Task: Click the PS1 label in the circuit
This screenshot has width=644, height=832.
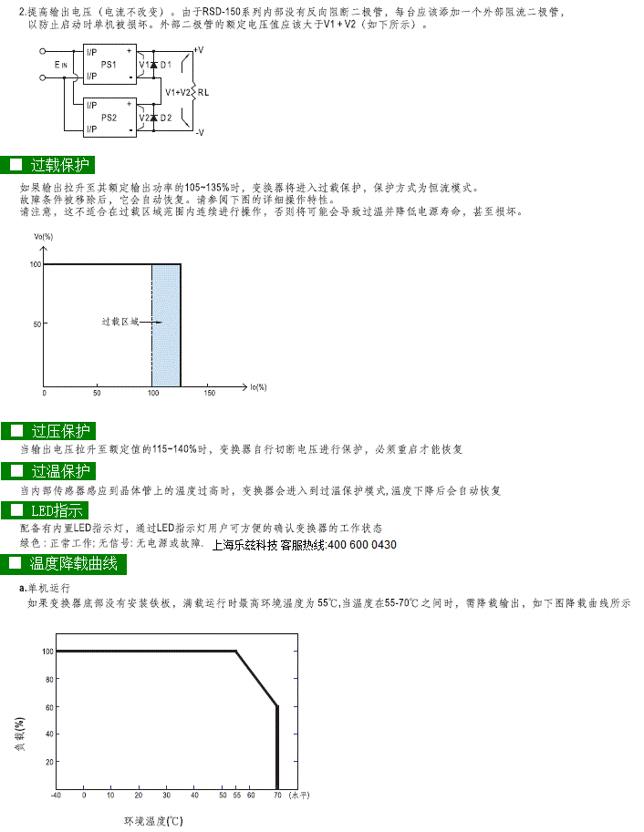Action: [109, 64]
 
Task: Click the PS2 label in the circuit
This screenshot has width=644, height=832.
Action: [109, 118]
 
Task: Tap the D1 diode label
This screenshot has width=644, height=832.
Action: [166, 65]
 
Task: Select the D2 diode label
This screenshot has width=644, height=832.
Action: [166, 118]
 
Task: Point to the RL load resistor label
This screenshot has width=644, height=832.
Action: [203, 92]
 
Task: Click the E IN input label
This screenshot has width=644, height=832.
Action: [60, 65]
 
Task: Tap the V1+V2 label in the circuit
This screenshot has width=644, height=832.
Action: [178, 92]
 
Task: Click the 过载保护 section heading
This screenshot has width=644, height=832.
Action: [60, 165]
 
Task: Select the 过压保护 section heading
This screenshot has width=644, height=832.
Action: [60, 431]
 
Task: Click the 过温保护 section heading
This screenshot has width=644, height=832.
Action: [60, 470]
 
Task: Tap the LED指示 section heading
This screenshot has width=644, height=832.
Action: [57, 510]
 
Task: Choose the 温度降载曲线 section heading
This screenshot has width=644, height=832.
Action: [73, 563]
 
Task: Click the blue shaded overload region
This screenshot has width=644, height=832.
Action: [166, 325]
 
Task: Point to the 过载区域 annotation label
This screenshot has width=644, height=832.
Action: [120, 322]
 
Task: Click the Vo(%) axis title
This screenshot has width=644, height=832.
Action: [44, 237]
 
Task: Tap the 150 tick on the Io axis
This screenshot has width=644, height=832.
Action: [210, 393]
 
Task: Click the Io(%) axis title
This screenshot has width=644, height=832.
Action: [258, 387]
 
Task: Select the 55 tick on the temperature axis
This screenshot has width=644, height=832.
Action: [237, 796]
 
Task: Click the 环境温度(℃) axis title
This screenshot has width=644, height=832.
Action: [153, 821]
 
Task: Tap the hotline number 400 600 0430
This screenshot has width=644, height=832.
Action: [362, 545]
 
